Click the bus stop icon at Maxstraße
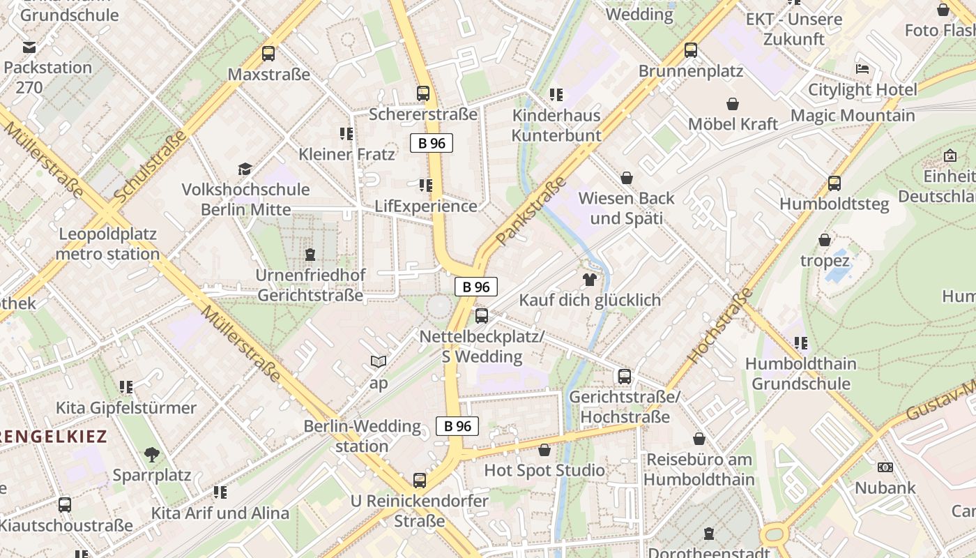tap(268, 54)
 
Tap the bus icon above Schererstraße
tap(422, 93)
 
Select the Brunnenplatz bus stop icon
tap(691, 50)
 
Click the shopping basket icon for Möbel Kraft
tap(733, 104)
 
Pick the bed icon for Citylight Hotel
tap(862, 69)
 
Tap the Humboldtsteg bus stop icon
tap(834, 183)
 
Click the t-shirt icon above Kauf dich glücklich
tap(590, 280)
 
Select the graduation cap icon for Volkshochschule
tap(245, 169)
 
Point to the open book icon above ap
tap(379, 362)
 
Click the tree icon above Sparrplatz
tap(152, 455)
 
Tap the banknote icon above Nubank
tap(885, 467)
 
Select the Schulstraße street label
tap(150, 167)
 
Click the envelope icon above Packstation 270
tap(29, 47)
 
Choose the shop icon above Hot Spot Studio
tap(544, 450)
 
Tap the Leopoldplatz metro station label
tap(107, 244)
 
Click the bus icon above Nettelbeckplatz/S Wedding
tap(481, 316)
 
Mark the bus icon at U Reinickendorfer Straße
tap(419, 480)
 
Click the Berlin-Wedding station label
tap(362, 436)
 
